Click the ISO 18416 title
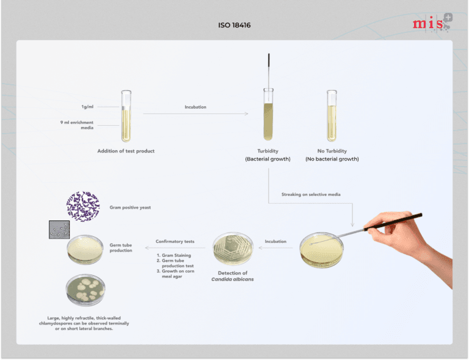234,25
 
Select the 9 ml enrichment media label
77,125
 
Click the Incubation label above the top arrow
195,107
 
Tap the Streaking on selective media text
311,194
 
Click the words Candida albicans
233,279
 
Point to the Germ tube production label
121,248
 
